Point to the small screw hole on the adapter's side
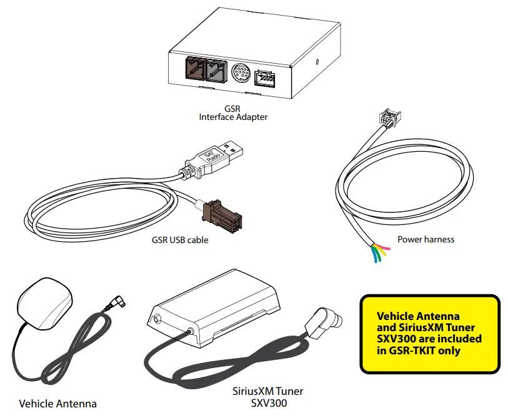pos(319,62)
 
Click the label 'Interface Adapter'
pos(233,117)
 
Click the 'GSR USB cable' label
pos(180,239)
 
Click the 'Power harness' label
pos(426,239)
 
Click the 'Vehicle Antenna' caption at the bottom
pos(58,404)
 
